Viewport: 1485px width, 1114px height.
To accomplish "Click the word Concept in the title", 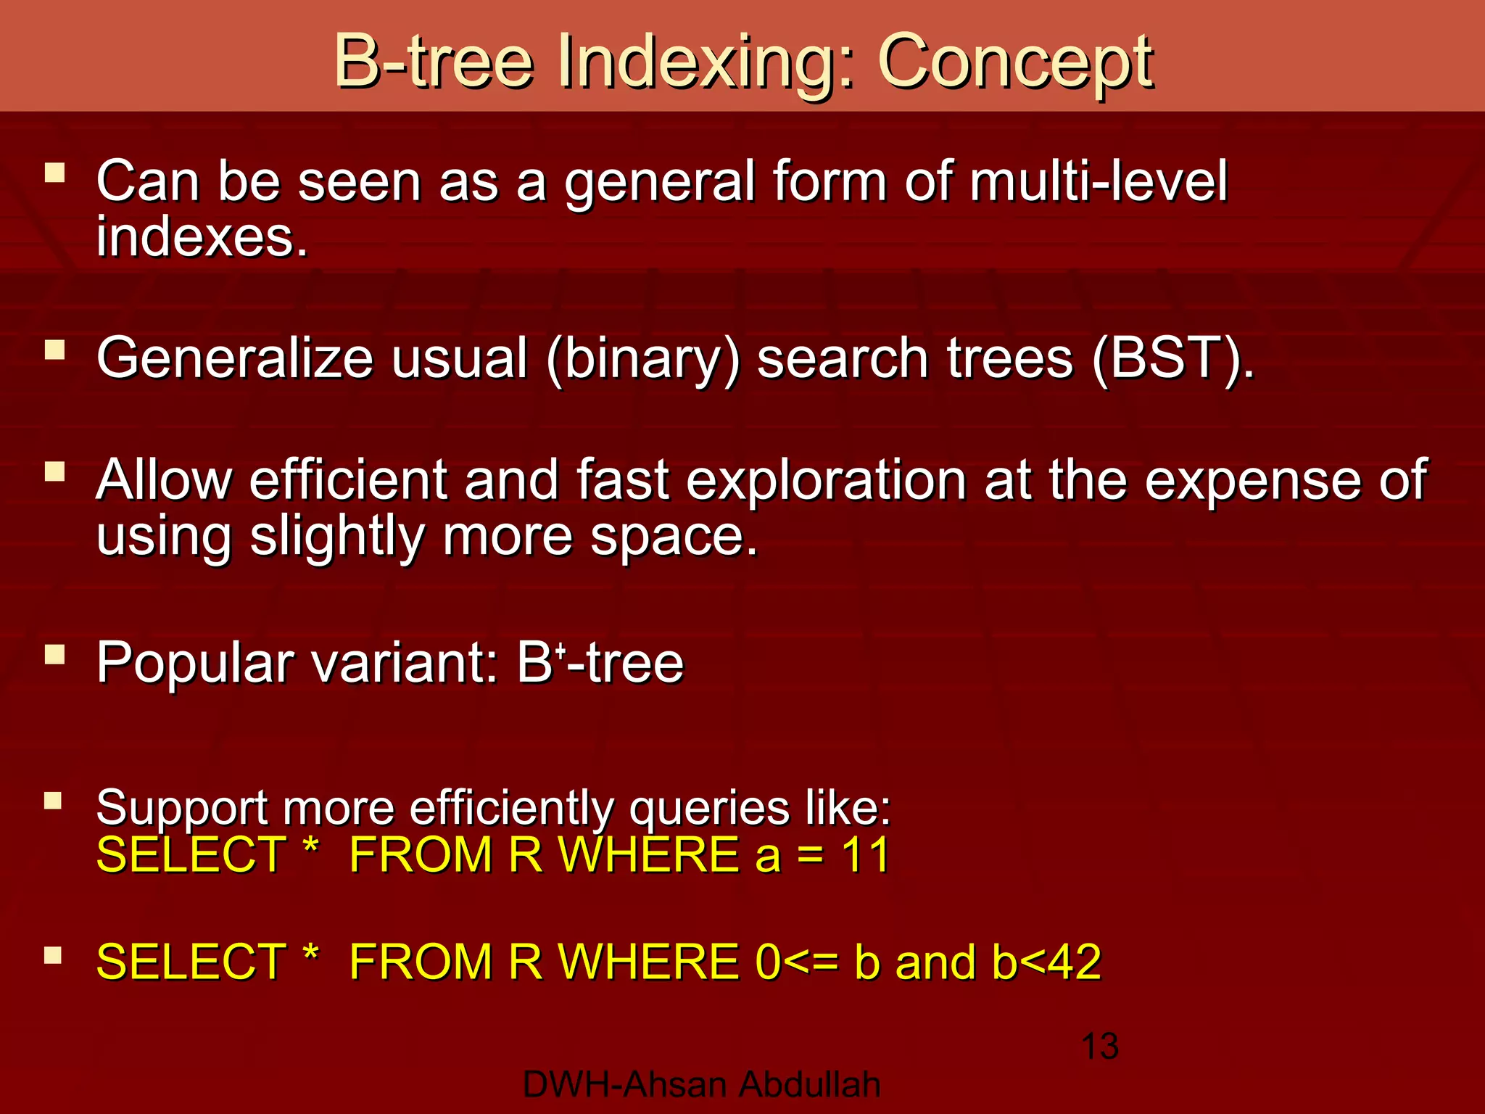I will [x=1015, y=62].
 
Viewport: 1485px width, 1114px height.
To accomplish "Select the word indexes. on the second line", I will [x=202, y=237].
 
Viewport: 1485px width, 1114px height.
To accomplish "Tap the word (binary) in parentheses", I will [x=643, y=359].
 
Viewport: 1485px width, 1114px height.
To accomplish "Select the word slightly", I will [x=338, y=537].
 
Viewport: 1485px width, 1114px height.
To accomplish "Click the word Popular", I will [x=194, y=663].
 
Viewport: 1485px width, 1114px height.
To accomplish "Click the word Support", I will [x=181, y=807].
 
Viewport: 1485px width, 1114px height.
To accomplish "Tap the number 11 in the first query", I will [x=865, y=854].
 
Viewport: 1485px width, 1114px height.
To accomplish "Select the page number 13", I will [x=1099, y=1047].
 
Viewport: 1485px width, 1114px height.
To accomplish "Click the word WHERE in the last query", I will [x=648, y=962].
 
